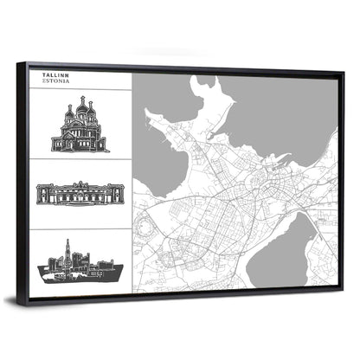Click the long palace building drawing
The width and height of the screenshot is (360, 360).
click(x=80, y=194)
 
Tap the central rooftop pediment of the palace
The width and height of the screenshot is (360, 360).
click(x=80, y=184)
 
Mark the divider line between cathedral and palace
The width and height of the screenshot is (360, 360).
click(x=80, y=160)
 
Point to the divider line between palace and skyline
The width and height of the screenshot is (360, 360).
click(x=80, y=228)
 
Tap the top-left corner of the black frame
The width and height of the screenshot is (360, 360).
click(x=29, y=63)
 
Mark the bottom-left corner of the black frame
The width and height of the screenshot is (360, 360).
click(x=28, y=302)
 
